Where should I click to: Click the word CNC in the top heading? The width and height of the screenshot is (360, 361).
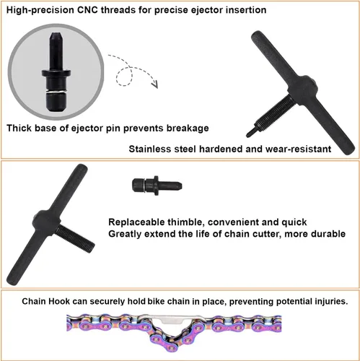point(87,10)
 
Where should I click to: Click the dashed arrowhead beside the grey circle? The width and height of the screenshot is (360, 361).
point(155,84)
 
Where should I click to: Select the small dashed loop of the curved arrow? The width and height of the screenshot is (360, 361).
point(124,77)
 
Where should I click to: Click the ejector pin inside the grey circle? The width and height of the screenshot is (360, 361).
point(56,71)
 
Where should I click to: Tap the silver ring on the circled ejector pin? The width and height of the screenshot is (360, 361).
point(56,92)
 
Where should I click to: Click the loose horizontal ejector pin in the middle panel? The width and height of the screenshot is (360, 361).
point(157,186)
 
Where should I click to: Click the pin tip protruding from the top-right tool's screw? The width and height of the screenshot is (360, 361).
point(250,133)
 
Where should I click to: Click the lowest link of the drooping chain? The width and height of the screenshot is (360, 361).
point(171,345)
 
